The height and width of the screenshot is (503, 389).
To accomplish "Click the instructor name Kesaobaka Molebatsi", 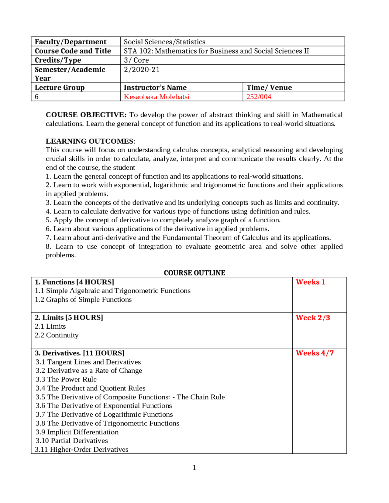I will [x=156, y=97].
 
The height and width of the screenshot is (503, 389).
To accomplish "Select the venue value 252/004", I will [x=259, y=97].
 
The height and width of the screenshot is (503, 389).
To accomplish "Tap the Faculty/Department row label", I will [x=71, y=42].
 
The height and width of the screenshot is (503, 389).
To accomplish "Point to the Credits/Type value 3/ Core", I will [x=136, y=60].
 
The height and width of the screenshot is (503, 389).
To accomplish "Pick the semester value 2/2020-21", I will [x=142, y=70].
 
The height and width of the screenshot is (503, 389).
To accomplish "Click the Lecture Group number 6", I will [x=37, y=97].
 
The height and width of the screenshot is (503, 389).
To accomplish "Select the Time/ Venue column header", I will [x=269, y=87].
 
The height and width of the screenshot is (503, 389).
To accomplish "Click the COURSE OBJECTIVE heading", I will [x=86, y=115].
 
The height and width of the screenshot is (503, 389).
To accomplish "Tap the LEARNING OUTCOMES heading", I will [x=90, y=141].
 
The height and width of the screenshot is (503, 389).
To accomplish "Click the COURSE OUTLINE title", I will [x=194, y=273].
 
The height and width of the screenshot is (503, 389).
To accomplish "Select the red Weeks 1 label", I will [x=310, y=282].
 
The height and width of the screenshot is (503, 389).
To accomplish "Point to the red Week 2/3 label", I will [x=313, y=318].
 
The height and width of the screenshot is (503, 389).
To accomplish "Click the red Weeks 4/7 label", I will [x=315, y=353].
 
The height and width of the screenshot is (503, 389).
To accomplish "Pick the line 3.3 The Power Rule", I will [x=66, y=379].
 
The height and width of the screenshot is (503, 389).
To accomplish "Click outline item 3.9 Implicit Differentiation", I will [x=77, y=432].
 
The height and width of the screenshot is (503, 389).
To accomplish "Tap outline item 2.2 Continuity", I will [x=57, y=335].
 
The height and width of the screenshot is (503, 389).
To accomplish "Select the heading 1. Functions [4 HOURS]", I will [x=74, y=282].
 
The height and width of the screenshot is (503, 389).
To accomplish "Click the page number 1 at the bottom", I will [x=194, y=467].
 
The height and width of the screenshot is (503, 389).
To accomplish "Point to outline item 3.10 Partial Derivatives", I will [x=72, y=440].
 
